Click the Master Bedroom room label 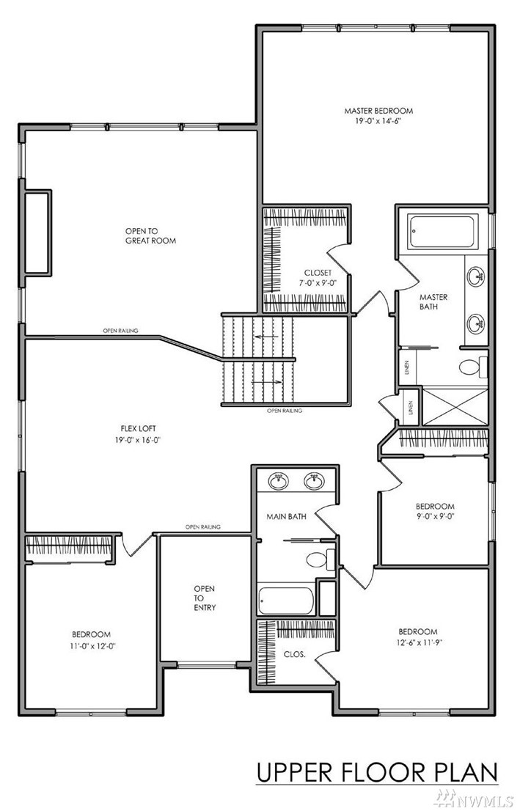coord(378,110)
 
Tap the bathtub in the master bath coord(442,232)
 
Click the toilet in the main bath coord(321,559)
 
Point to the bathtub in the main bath coord(286,600)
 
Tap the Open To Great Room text coord(150,236)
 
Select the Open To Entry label coord(205,598)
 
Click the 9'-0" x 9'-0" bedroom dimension coord(435,516)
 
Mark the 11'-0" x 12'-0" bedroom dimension coord(91,645)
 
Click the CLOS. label coord(294,654)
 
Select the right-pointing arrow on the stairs coord(267,382)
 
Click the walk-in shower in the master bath coord(455,407)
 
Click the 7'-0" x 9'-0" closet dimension coord(318,283)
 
